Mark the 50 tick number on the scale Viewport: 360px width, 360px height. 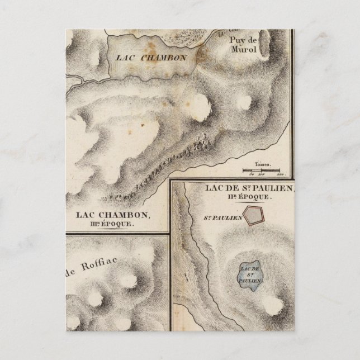coord(252,175)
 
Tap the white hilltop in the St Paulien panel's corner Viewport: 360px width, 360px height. coord(273,305)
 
